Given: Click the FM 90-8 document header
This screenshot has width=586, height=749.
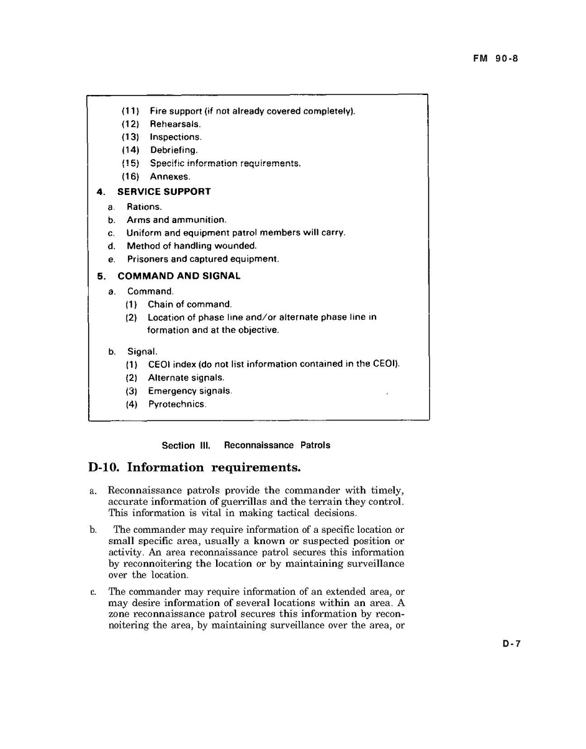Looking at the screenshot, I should (x=495, y=59).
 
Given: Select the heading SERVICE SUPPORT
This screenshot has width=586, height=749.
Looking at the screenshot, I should (x=164, y=192).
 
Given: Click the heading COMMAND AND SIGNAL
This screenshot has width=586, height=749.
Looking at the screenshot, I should (x=179, y=276).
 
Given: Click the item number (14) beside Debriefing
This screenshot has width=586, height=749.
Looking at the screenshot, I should (x=131, y=151).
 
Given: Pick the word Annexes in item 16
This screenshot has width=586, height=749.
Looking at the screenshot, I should (x=170, y=177).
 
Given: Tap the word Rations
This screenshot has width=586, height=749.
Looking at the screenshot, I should (x=144, y=207).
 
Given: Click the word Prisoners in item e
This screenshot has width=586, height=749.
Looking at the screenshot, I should (x=147, y=259).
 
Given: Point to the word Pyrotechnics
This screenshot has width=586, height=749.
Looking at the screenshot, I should (x=176, y=404).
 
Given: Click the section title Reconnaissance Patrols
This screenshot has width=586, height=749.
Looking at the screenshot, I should (x=277, y=445).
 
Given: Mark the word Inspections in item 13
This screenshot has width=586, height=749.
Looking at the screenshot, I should (x=176, y=137).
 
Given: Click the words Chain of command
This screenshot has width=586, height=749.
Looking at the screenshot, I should (x=190, y=305).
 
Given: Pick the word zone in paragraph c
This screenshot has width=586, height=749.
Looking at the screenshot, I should (x=119, y=613).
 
